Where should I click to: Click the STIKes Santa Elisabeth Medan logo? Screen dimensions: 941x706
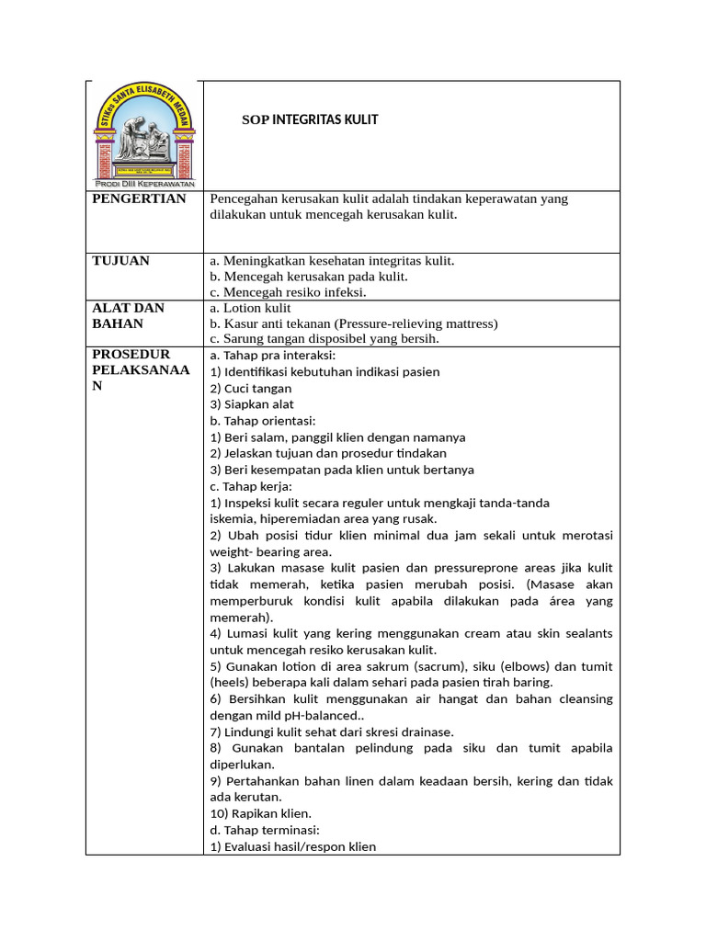coord(143,135)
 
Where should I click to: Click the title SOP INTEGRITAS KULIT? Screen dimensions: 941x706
coord(310,119)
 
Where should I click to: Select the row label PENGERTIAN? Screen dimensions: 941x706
coord(140,198)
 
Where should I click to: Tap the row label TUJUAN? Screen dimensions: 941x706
coord(121,261)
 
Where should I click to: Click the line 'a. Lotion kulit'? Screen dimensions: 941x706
coord(250,309)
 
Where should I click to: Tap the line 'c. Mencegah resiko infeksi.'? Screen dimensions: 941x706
coord(288,292)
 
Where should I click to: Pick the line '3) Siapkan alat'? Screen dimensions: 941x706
coord(252,404)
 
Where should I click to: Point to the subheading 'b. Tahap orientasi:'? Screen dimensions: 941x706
coord(263,421)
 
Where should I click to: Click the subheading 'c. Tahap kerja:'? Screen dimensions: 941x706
coord(251,486)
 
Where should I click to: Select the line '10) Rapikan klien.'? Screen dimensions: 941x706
coord(261,813)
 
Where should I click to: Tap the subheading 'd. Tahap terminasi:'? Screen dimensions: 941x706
coord(265,830)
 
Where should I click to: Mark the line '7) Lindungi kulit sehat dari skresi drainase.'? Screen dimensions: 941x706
coord(332,731)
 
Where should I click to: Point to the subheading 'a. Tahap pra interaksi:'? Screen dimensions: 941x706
coord(273,355)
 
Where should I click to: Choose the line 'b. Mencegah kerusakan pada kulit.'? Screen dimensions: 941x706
coord(309,277)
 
